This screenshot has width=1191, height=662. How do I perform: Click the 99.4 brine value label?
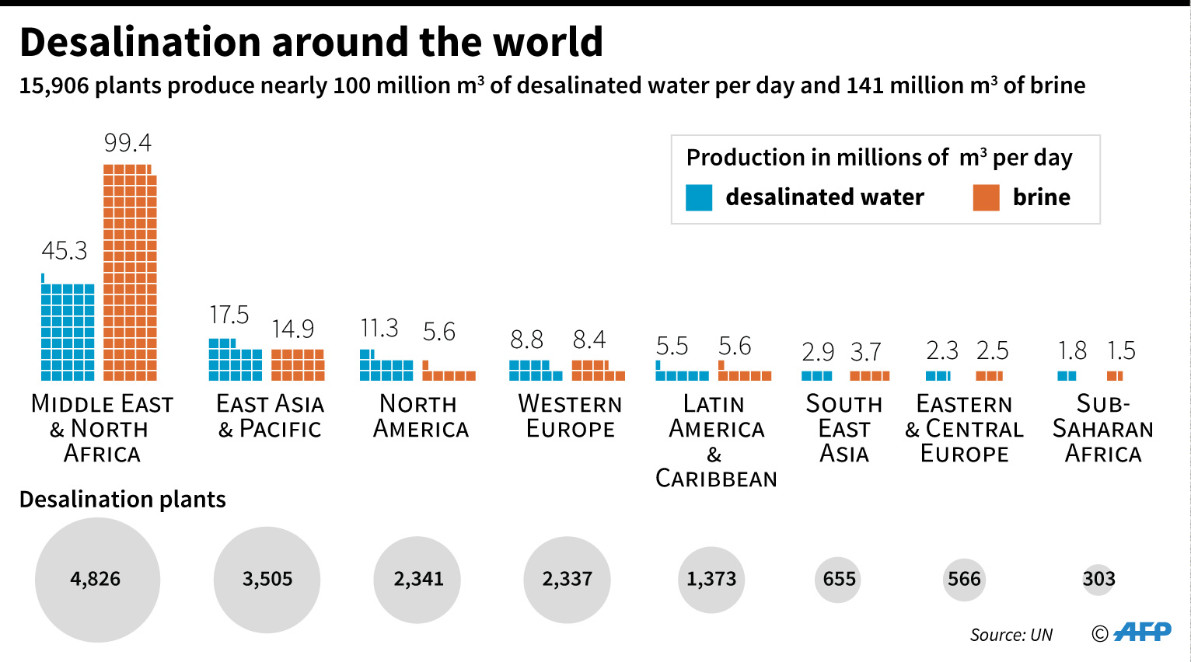click(x=128, y=143)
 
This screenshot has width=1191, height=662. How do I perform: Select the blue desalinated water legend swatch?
click(x=699, y=197)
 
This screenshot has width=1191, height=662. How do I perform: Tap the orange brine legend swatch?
click(x=986, y=197)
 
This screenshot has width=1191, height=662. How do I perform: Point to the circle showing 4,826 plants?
click(x=97, y=580)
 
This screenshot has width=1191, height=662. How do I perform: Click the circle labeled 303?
click(x=1098, y=580)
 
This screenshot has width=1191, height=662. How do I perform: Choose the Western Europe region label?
click(x=570, y=416)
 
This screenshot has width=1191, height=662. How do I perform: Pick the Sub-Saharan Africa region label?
click(x=1102, y=429)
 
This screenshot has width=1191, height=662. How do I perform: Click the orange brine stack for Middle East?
click(x=130, y=272)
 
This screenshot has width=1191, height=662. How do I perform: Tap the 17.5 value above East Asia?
click(x=229, y=315)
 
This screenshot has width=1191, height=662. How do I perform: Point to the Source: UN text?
click(x=1011, y=635)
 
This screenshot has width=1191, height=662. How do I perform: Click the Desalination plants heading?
click(x=123, y=500)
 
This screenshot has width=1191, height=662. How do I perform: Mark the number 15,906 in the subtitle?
click(x=54, y=85)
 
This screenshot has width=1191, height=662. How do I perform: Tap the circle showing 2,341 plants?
click(x=417, y=580)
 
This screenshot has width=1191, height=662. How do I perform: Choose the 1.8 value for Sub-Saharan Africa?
click(x=1072, y=351)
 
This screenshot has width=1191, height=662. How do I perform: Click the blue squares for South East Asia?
click(x=816, y=376)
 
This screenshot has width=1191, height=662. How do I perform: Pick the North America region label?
click(x=421, y=416)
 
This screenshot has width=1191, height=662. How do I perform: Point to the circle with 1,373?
click(x=711, y=580)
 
